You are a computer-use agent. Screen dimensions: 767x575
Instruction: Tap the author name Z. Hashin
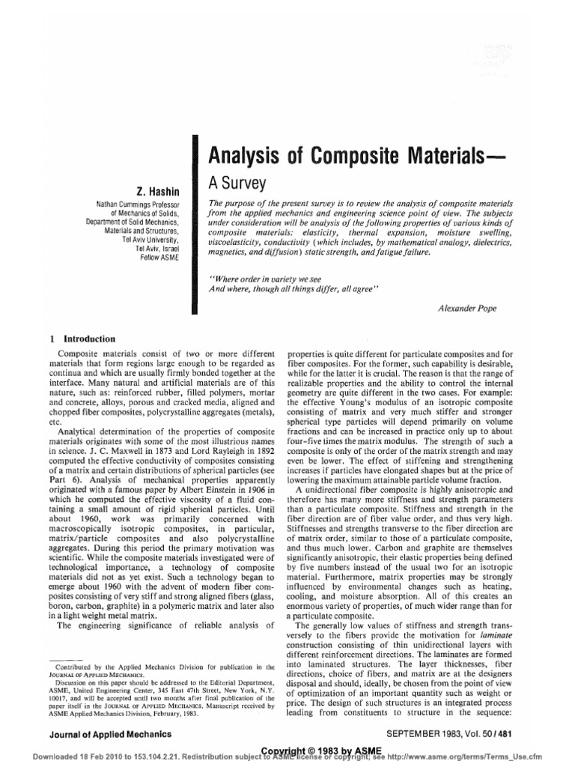pyautogui.click(x=158, y=191)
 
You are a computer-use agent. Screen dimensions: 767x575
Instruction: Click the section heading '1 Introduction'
pyautogui.click(x=82, y=339)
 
